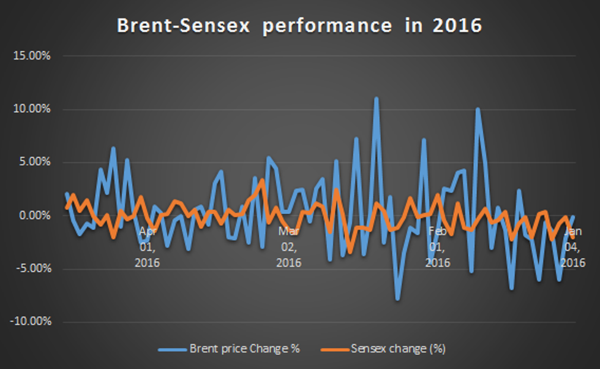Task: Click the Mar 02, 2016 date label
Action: coord(288,247)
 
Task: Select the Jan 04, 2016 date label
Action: coord(573,247)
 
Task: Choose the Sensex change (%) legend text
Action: coord(398,349)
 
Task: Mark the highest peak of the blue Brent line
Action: coord(377,98)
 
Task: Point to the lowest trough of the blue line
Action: coord(398,299)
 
